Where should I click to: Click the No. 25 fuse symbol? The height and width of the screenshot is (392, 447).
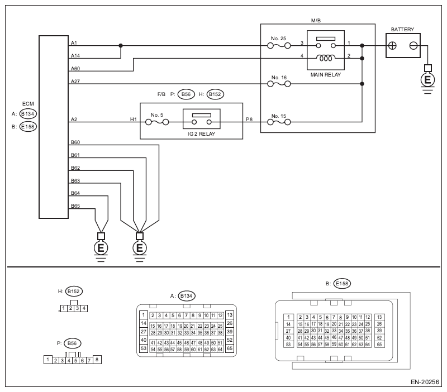click(x=279, y=46)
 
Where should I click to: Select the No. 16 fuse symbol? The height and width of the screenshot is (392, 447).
click(x=279, y=84)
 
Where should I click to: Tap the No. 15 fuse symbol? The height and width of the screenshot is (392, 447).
click(x=279, y=122)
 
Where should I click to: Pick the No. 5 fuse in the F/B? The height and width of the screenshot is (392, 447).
click(x=157, y=122)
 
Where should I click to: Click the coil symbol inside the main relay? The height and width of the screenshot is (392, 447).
click(x=326, y=58)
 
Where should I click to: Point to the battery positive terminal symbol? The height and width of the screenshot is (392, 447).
click(x=393, y=46)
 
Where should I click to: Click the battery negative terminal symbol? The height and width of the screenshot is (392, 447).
click(x=413, y=46)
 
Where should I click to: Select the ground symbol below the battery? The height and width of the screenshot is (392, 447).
click(x=427, y=79)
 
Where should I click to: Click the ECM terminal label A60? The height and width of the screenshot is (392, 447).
click(x=75, y=68)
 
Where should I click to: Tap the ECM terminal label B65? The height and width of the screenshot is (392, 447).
click(x=75, y=205)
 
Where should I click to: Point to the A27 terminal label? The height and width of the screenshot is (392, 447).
click(x=75, y=82)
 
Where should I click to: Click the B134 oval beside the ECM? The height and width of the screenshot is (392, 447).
click(x=28, y=114)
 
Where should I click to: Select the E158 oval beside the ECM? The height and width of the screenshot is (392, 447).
click(x=28, y=127)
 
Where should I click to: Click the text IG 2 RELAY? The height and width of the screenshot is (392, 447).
click(x=202, y=134)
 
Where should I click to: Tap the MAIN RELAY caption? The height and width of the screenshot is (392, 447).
click(x=326, y=75)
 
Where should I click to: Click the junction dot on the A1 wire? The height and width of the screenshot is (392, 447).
click(x=121, y=46)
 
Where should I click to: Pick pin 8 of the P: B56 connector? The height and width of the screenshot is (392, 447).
click(x=97, y=360)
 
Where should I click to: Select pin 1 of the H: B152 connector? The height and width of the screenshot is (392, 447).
click(x=64, y=308)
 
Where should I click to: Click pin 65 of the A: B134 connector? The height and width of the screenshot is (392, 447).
click(x=230, y=348)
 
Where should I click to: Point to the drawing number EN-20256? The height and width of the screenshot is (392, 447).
click(x=425, y=382)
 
